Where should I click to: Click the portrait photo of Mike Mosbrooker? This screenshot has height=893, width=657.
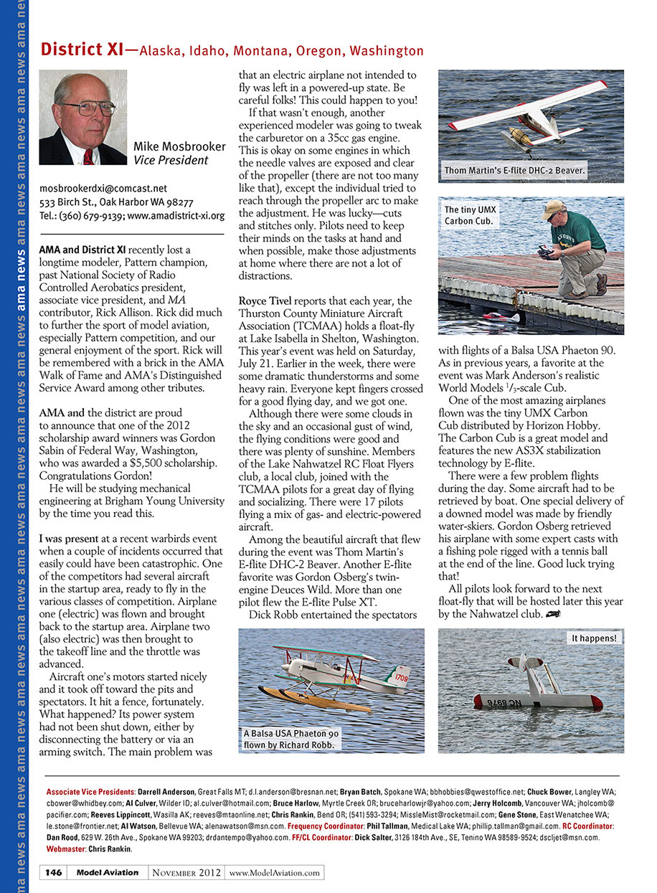click(x=82, y=118)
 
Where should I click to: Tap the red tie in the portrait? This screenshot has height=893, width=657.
click(x=88, y=156)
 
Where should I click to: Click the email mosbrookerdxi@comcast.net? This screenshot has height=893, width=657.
click(x=103, y=189)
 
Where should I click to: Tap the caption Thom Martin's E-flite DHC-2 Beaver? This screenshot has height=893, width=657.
click(x=514, y=171)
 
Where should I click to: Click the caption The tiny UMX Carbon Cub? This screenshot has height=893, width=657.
click(x=470, y=215)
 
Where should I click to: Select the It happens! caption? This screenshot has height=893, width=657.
click(x=593, y=638)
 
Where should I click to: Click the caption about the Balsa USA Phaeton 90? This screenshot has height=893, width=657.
click(x=291, y=739)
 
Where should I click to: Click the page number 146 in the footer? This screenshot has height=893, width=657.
click(x=53, y=873)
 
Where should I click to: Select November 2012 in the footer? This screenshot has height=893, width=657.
click(x=186, y=873)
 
